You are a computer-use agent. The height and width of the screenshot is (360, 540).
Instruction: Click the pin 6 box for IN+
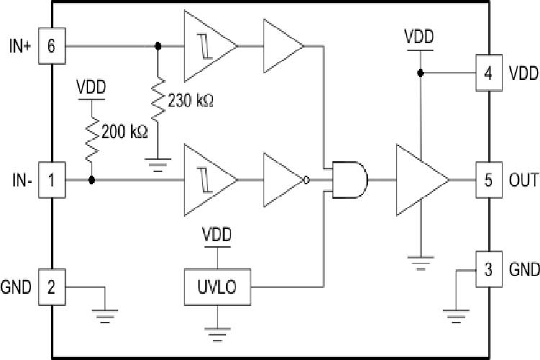point(51,47)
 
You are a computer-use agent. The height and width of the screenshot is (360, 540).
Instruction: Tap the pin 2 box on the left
point(51,287)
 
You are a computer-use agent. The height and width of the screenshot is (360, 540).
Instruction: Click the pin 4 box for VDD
point(488,73)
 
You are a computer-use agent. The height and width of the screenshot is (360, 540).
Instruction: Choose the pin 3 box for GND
point(488,270)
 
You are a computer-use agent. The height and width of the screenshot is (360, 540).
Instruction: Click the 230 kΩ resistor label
point(192,101)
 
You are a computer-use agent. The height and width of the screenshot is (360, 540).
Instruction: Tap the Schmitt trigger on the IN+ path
point(207,47)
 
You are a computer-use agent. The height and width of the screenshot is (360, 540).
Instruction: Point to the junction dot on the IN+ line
point(158,47)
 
